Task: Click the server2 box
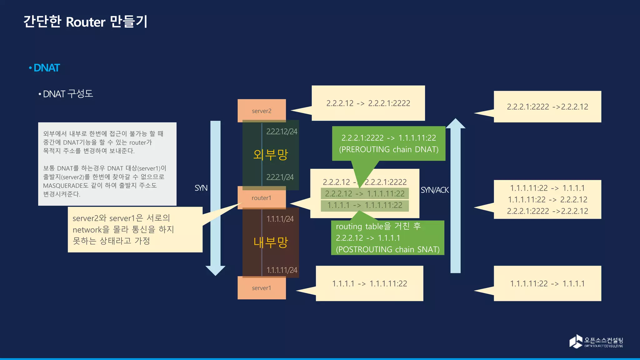(x=262, y=111)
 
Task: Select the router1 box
(x=262, y=198)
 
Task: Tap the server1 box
(x=262, y=288)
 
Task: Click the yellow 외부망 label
(x=270, y=154)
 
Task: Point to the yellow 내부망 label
(x=270, y=242)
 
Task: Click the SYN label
(x=201, y=188)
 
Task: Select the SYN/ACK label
(x=434, y=190)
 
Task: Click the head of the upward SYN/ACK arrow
(x=455, y=124)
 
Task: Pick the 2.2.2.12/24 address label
(x=282, y=132)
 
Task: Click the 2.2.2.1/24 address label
(x=280, y=177)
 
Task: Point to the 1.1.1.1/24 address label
(x=280, y=219)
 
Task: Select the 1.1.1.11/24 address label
(x=282, y=270)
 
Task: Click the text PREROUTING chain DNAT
(x=389, y=149)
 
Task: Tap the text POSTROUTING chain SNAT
(x=387, y=249)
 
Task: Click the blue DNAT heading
(x=47, y=68)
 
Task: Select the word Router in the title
(x=86, y=22)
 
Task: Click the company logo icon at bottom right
(x=576, y=341)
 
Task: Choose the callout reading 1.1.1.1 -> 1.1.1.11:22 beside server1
(x=369, y=283)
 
